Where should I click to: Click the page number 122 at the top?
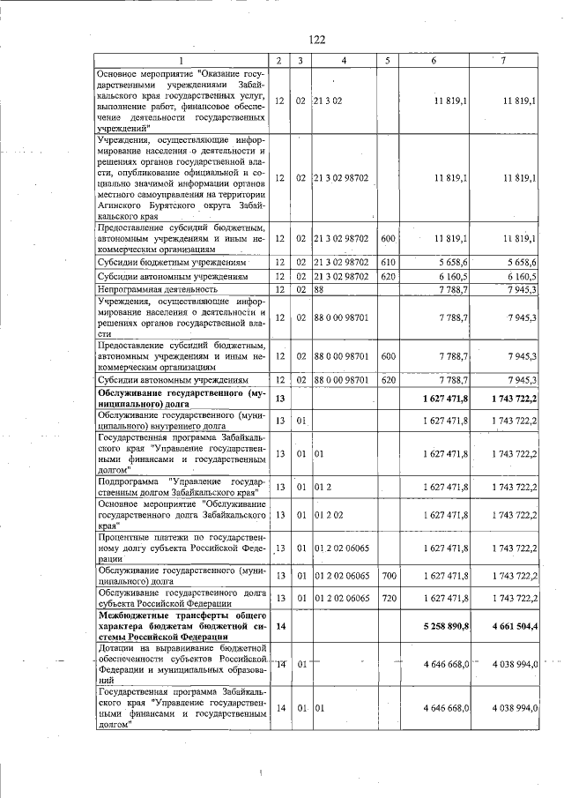[317, 39]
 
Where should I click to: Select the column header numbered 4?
[344, 60]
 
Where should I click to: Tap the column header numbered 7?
[502, 60]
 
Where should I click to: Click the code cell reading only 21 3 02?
[329, 101]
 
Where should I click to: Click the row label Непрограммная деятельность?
[158, 288]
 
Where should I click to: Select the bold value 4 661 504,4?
[509, 627]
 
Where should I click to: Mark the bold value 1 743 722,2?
[509, 399]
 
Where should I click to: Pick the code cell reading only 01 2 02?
[329, 517]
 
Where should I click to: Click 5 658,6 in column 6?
[450, 263]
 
